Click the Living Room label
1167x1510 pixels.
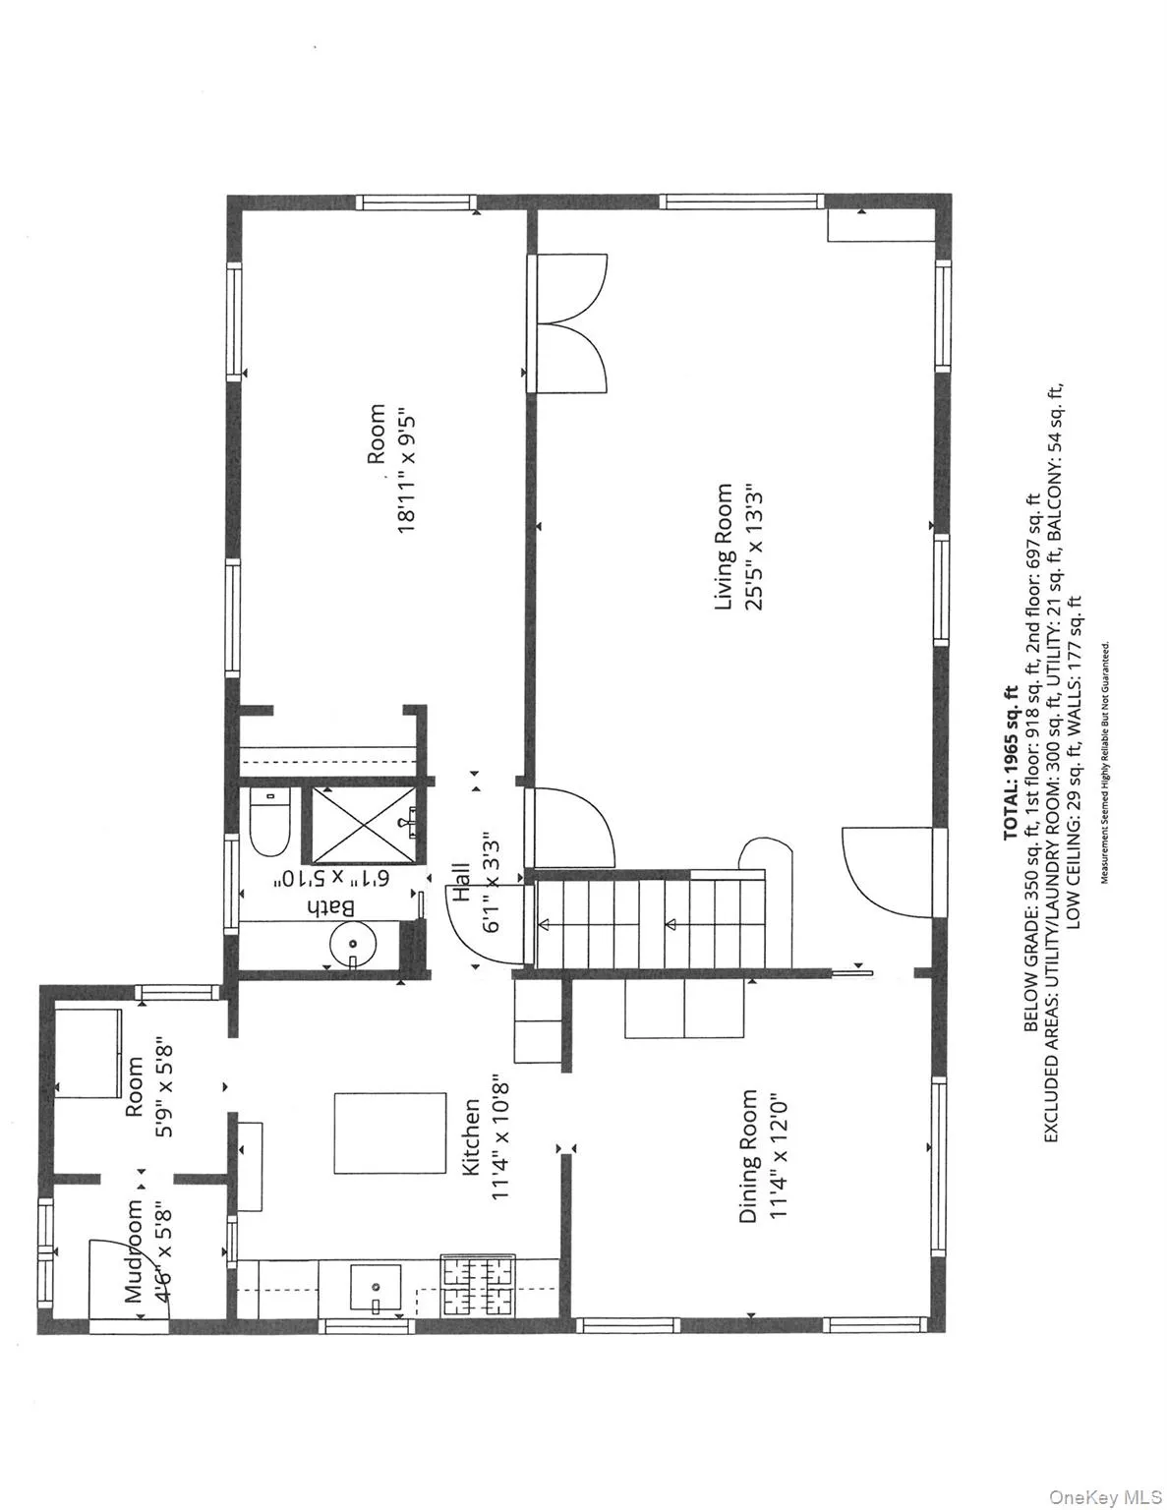point(725,546)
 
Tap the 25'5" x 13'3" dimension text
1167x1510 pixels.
point(754,546)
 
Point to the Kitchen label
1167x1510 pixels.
point(471,1137)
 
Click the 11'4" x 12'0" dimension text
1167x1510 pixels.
point(779,1156)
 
